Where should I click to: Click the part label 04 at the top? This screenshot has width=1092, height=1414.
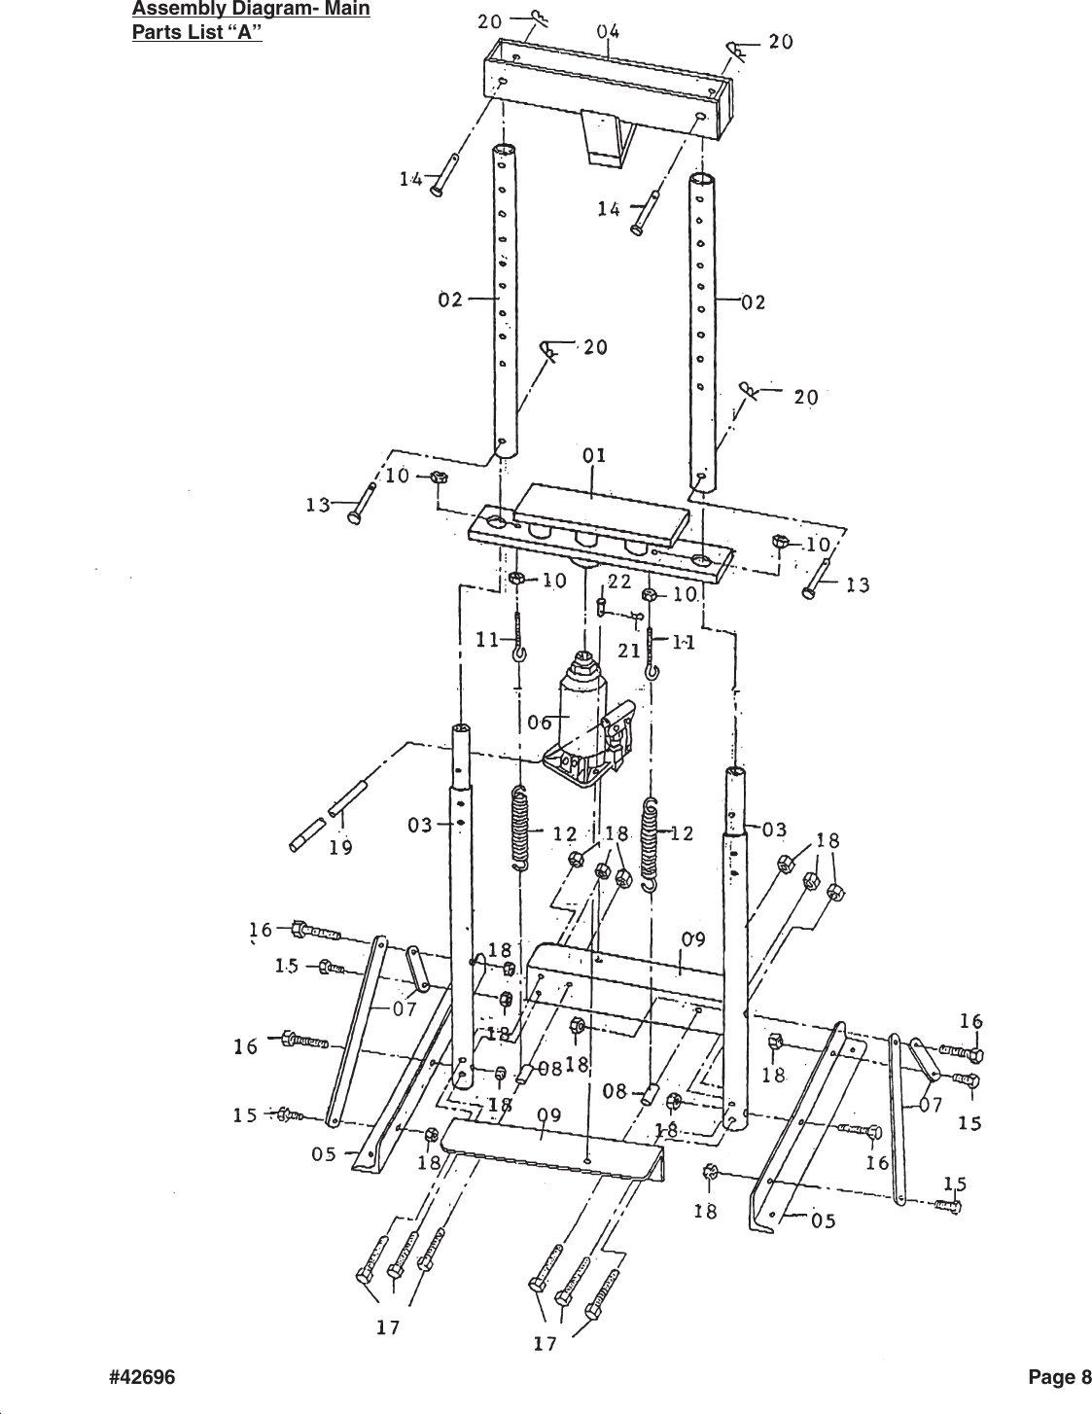coord(608,32)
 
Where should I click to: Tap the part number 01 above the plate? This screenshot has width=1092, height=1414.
coord(595,454)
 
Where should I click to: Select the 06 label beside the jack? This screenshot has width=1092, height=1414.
coord(540,723)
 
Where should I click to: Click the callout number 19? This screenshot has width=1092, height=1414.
coord(340,847)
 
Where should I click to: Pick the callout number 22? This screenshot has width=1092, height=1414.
coord(619,581)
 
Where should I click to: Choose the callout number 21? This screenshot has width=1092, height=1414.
coord(627,650)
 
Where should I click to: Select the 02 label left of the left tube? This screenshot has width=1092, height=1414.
coord(449,300)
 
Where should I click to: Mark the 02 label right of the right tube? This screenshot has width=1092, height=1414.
coord(753,301)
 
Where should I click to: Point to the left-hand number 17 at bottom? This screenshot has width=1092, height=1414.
coord(388,1327)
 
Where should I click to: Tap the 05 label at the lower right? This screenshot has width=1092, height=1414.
coord(823,1221)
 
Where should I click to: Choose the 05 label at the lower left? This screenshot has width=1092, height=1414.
coord(324,1154)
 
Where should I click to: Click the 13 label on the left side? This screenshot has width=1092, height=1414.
coord(317,505)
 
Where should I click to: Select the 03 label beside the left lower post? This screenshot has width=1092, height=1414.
coord(420,826)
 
